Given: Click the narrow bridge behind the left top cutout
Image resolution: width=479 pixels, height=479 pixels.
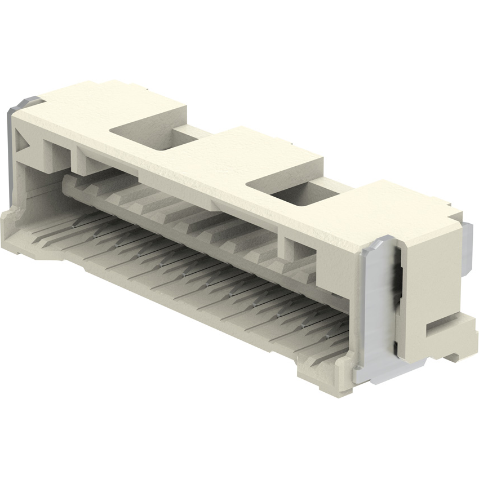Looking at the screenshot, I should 189,133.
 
